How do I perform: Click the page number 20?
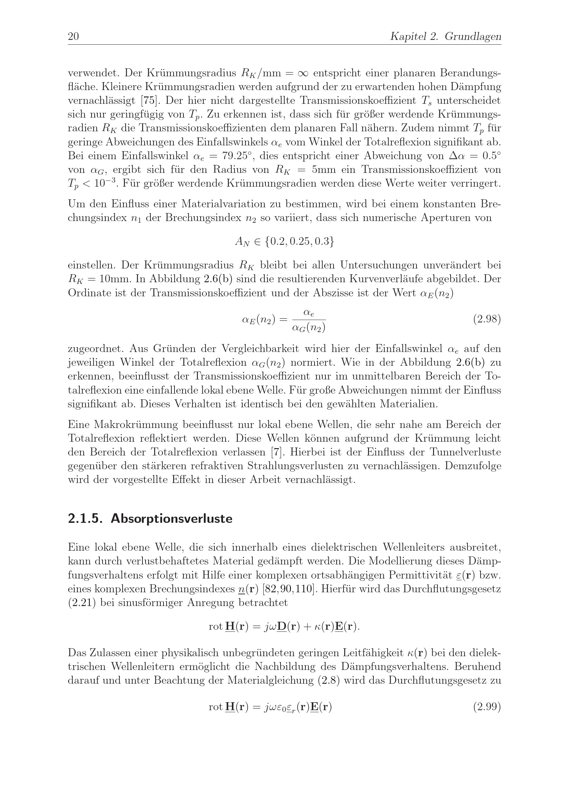tap(73, 36)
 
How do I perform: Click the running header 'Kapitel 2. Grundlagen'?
tap(445, 36)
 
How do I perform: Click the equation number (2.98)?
tap(487, 319)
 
